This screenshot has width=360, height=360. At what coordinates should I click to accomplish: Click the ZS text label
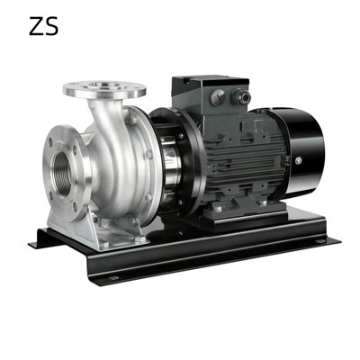point(44,26)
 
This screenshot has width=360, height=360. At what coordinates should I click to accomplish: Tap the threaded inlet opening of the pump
point(61,174)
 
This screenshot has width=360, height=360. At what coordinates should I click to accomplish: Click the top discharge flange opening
point(104,85)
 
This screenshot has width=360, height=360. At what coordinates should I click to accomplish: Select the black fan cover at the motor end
point(301,153)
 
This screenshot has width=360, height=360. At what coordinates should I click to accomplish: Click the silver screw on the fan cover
point(298,160)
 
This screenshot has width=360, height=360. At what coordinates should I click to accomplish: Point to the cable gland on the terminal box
point(240,97)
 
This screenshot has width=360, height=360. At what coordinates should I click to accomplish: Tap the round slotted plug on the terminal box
point(217,97)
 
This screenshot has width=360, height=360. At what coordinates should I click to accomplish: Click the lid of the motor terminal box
point(210,82)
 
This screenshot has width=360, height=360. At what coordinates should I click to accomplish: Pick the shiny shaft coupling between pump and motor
point(171,162)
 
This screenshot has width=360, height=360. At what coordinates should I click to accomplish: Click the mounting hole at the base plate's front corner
point(113,278)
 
